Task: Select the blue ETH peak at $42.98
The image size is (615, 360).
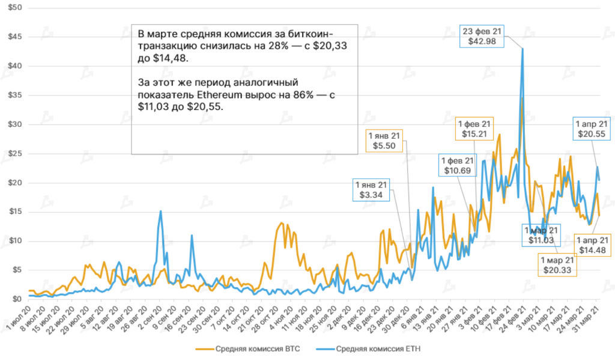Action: click(523, 49)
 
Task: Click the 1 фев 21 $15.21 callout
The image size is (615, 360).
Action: click(475, 128)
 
